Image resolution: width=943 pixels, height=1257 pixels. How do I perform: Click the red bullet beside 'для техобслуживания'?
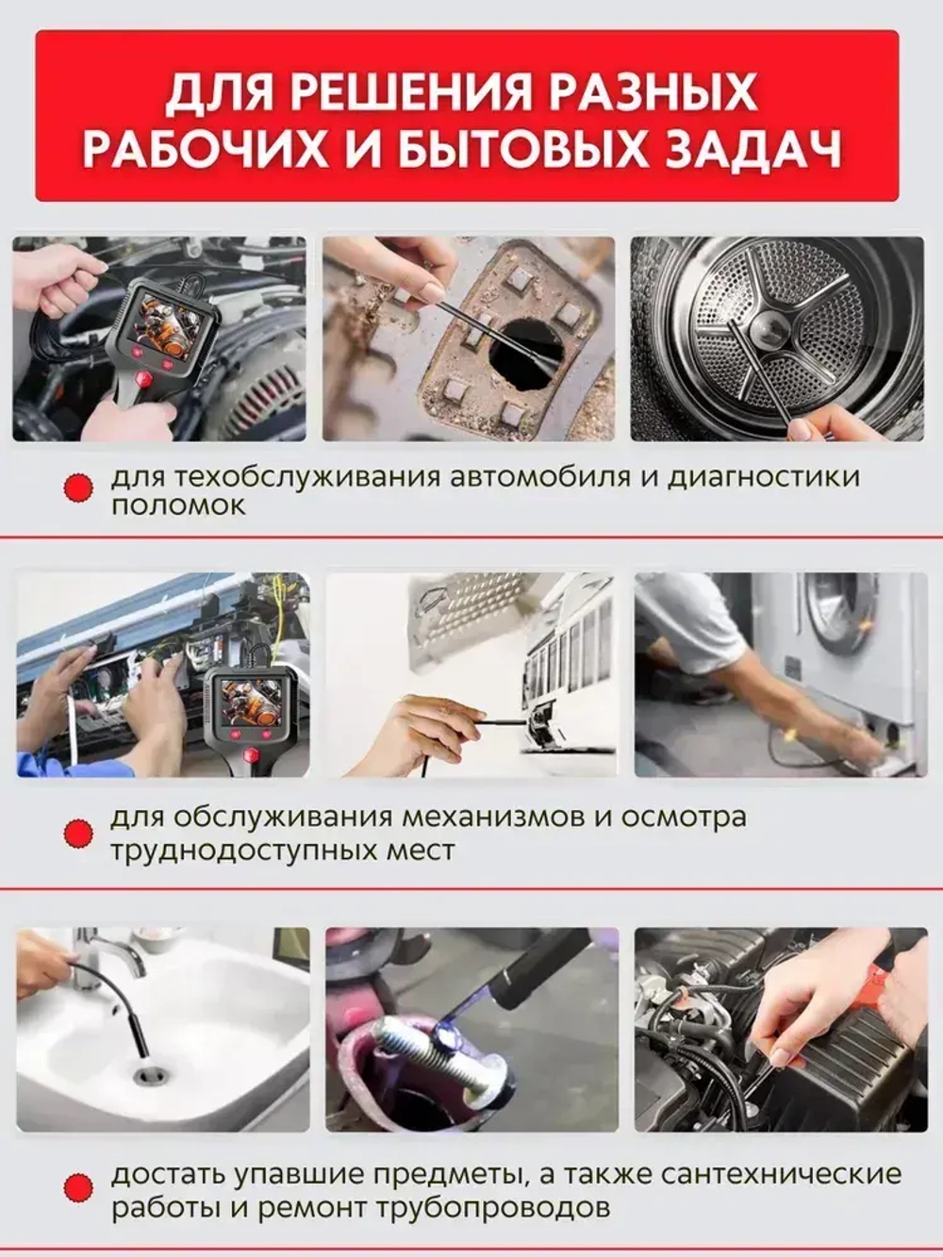click(78, 488)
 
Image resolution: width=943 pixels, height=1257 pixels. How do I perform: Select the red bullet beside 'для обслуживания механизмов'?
click(78, 832)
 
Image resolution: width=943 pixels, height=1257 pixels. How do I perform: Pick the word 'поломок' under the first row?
click(177, 505)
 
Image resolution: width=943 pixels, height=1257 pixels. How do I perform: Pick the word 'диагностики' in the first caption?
click(763, 475)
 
